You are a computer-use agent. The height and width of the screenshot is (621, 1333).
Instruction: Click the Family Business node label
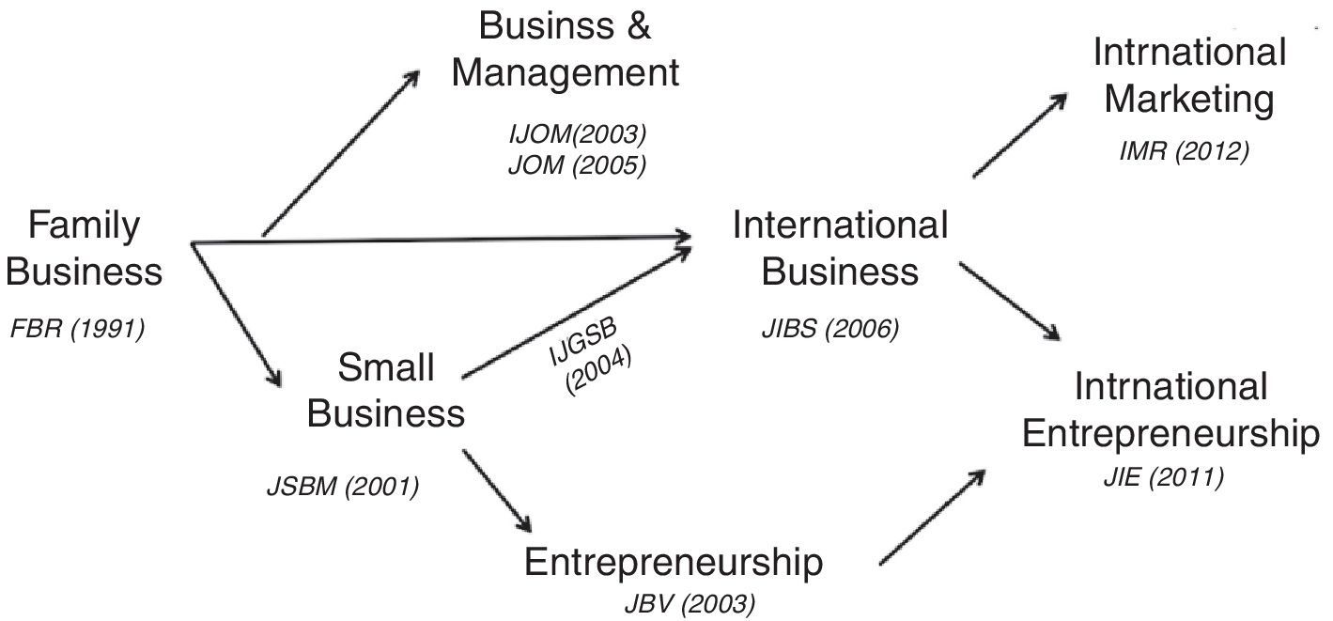coord(89,249)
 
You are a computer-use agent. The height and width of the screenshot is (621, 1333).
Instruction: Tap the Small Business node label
coord(386,390)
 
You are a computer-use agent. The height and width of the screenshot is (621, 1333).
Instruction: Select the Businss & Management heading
coord(565,49)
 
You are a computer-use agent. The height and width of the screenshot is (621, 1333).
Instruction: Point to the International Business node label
coord(840,248)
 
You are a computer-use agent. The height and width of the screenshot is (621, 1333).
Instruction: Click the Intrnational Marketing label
coord(1189,75)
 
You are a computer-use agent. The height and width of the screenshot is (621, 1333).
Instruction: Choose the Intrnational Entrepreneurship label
coord(1170,411)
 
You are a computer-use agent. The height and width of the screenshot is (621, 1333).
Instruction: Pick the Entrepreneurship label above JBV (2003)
coord(674,563)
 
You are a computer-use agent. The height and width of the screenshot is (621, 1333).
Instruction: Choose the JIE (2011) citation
coord(1163,478)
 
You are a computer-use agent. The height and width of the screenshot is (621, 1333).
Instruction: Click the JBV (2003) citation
coord(689,602)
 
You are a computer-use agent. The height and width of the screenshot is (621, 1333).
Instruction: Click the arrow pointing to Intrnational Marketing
coord(1021,133)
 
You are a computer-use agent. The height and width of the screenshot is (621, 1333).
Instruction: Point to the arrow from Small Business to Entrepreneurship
coord(499,491)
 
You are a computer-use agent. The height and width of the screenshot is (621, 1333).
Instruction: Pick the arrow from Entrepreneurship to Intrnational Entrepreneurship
coord(933,516)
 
